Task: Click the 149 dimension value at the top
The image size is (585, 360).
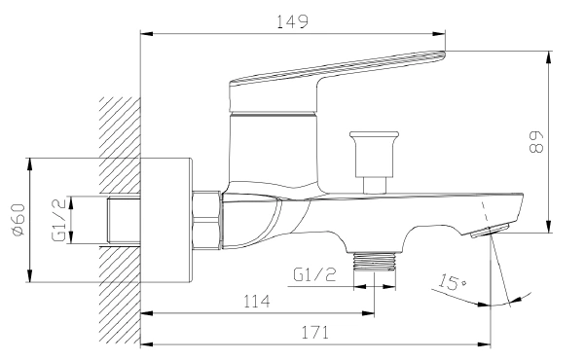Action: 292,21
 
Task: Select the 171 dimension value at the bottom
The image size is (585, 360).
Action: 315,333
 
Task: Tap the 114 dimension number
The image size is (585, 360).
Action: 257,301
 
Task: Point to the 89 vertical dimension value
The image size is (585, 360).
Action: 537,142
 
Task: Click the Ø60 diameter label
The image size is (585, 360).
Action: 18,220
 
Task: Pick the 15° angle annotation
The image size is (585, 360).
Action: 452,282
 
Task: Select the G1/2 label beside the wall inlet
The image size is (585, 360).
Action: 59,220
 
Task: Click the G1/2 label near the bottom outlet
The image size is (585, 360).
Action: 314,275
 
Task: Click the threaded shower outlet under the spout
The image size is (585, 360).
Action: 374,261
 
